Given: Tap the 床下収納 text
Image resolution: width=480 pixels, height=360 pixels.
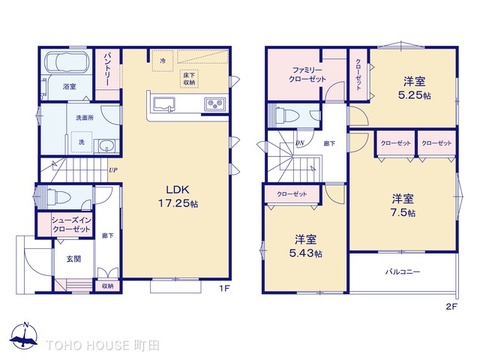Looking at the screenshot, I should pyautogui.click(x=189, y=79).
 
